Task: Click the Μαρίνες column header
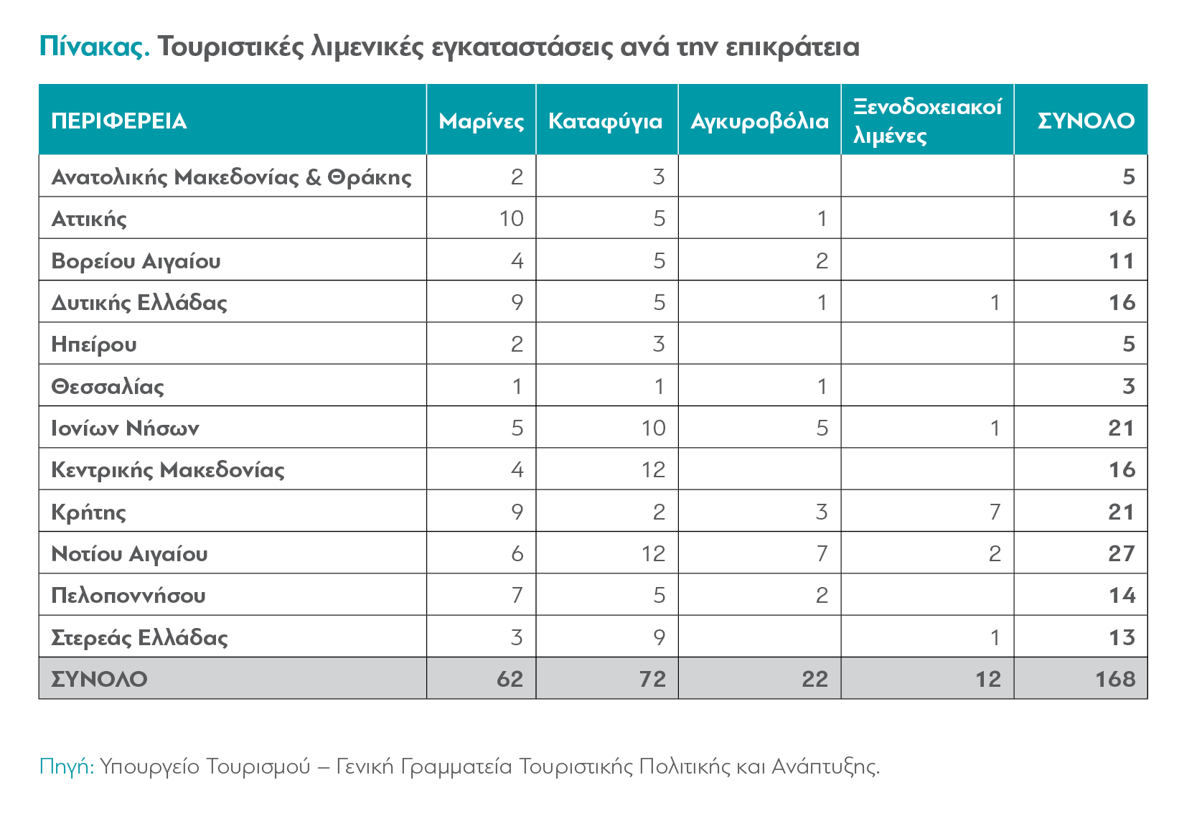[x=481, y=121]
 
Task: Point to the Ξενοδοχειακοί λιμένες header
[x=927, y=121]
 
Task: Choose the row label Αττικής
[x=89, y=219]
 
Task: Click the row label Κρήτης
[x=88, y=512]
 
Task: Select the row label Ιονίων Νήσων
[x=125, y=428]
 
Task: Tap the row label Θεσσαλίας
[x=108, y=386]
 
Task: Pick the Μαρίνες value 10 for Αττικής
[x=511, y=219]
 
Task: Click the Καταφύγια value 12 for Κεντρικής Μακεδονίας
[x=653, y=470]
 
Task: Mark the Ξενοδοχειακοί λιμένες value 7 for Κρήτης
[x=995, y=512]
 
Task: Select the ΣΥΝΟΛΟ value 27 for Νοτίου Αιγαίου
[x=1122, y=554]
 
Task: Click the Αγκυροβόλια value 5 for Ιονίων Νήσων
[x=822, y=428]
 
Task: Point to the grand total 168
[x=1116, y=680]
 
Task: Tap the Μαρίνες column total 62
[x=510, y=680]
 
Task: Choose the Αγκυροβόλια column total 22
[x=815, y=680]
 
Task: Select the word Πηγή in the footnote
[x=67, y=766]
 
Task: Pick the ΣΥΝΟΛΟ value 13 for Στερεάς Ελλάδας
[x=1122, y=637]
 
